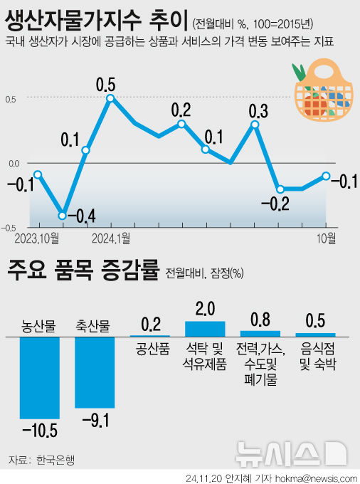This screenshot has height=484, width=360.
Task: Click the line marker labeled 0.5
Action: tap(110, 98)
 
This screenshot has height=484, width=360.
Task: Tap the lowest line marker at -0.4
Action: tap(63, 216)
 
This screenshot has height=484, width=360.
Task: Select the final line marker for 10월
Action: tap(326, 176)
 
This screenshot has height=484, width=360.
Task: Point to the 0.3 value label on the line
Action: tap(258, 111)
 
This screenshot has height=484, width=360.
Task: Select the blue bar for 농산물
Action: tap(39, 377)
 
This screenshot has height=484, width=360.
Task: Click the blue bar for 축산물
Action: tap(95, 372)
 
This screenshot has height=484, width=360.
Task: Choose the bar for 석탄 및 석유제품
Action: tap(205, 328)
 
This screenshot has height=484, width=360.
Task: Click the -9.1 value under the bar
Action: tap(95, 421)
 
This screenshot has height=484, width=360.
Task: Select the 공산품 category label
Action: tap(150, 349)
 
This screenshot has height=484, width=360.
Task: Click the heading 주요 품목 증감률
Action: tap(82, 271)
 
